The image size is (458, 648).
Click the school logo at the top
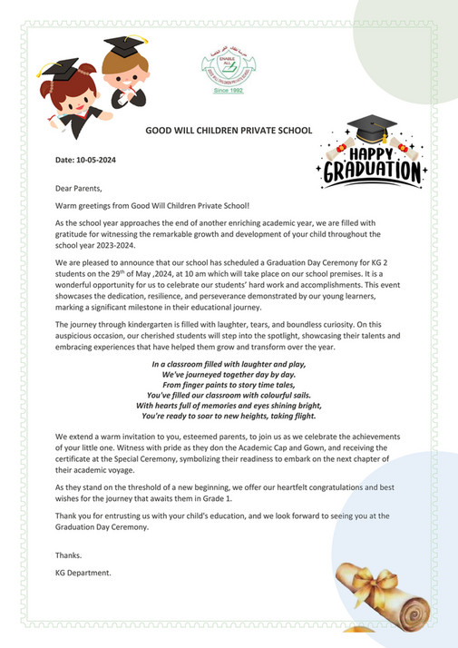click(222, 68)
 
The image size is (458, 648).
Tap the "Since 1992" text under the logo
click(222, 92)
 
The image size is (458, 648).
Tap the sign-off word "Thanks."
click(68, 555)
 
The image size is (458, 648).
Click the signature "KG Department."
click(83, 573)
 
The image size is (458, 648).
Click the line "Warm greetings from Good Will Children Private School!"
click(145, 206)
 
